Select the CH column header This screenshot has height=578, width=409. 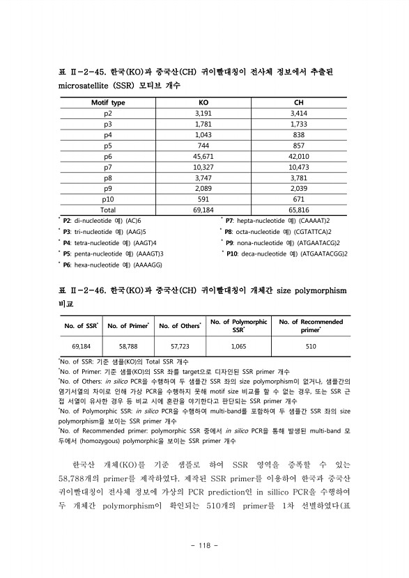click(x=299, y=102)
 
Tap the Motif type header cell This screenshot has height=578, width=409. click(x=108, y=102)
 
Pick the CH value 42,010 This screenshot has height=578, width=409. click(x=299, y=157)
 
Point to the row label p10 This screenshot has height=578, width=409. click(x=108, y=198)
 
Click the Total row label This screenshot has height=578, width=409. click(x=108, y=209)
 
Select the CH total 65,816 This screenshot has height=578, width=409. click(x=299, y=209)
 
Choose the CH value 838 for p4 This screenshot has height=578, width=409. click(x=299, y=134)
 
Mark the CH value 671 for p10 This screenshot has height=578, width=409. click(x=299, y=198)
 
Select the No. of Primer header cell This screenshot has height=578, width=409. click(x=128, y=325)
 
